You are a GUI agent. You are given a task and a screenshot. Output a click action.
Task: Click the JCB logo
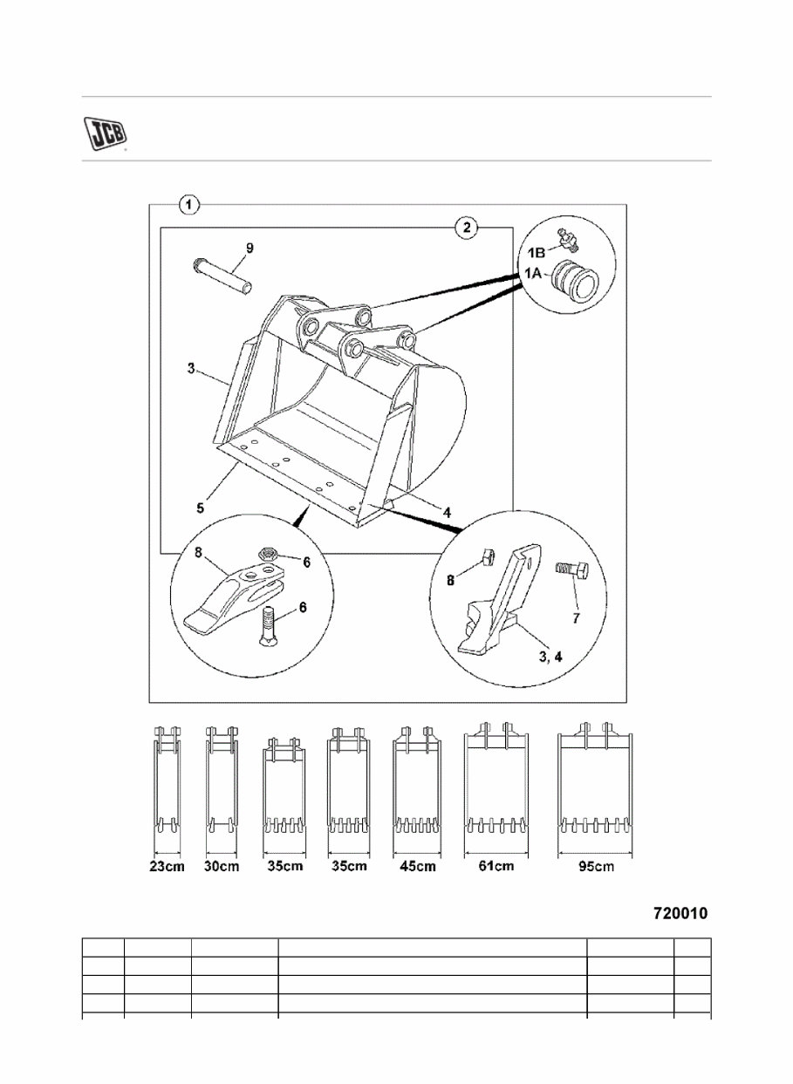105,133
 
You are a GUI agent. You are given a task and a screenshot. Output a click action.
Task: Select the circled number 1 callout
189,205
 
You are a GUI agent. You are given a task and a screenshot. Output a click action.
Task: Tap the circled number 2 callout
468,228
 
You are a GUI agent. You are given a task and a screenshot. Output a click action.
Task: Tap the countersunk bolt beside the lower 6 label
269,626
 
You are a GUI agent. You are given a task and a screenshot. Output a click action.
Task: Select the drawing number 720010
680,914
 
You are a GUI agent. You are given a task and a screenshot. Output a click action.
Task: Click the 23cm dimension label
166,867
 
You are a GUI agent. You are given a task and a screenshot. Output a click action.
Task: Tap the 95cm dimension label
595,867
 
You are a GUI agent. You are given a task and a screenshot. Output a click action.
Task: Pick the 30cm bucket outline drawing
222,781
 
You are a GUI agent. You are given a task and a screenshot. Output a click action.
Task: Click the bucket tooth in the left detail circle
231,597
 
